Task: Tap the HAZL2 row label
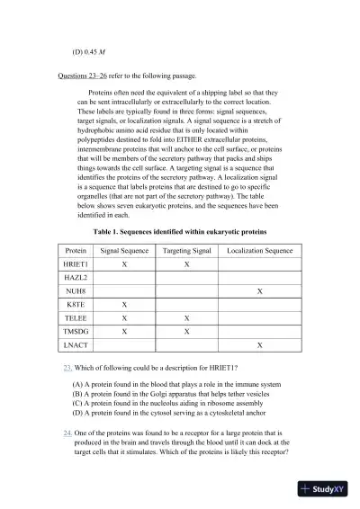point(76,279)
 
